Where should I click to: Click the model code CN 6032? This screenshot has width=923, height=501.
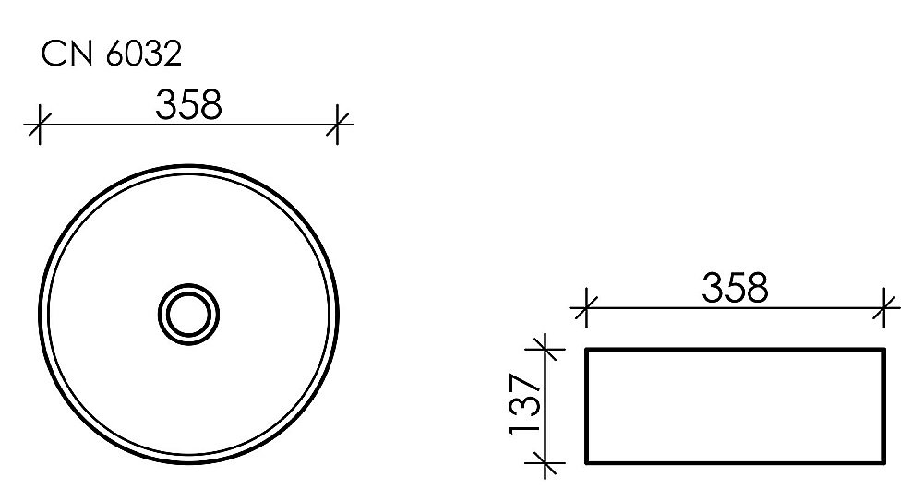(x=111, y=55)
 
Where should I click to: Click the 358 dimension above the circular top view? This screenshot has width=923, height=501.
(x=189, y=104)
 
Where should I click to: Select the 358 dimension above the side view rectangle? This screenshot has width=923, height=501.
(x=735, y=289)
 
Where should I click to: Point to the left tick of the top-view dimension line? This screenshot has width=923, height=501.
(x=38, y=124)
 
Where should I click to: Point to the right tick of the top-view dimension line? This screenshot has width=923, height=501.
(x=340, y=124)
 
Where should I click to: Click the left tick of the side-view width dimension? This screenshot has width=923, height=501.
(x=585, y=306)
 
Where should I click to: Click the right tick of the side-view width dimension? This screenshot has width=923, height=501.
(x=886, y=306)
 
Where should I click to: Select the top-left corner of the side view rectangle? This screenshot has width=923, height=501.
(x=588, y=350)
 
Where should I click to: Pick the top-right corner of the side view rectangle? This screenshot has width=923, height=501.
(x=885, y=350)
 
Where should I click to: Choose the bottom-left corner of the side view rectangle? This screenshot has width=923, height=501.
(x=588, y=462)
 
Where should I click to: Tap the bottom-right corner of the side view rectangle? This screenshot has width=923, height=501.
(x=885, y=462)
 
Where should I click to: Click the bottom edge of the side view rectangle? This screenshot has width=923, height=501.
(x=737, y=462)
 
